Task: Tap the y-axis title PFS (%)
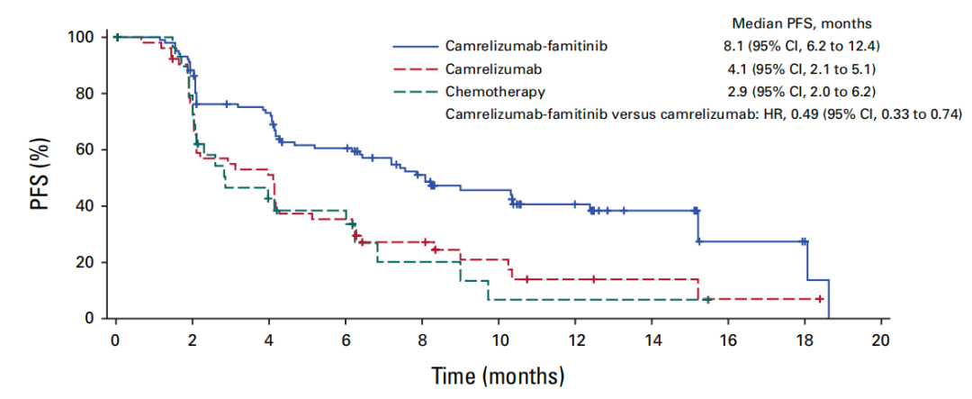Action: [x=40, y=178]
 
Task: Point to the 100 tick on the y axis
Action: [x=81, y=37]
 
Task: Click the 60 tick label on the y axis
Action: [x=85, y=150]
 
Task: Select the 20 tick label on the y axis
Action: [x=85, y=262]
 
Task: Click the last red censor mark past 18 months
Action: [x=819, y=299]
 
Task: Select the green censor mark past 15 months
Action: [x=707, y=299]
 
